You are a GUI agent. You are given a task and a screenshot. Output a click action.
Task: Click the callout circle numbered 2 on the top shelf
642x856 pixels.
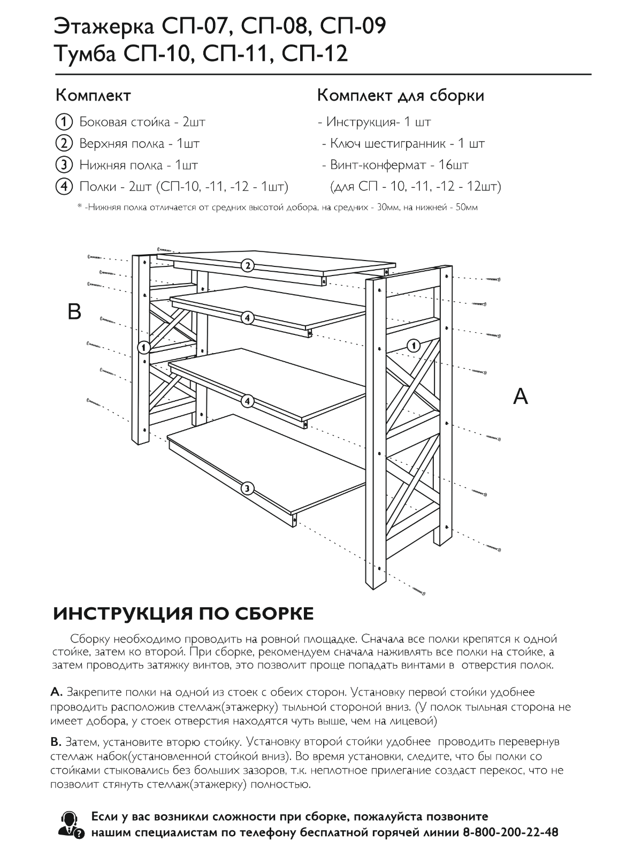tap(247, 265)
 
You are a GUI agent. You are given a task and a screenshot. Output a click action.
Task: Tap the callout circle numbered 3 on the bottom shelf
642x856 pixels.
tap(247, 488)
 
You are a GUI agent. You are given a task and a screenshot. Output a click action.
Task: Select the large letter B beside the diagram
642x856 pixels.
tap(74, 311)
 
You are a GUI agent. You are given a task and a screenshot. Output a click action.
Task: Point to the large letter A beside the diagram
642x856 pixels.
tap(520, 396)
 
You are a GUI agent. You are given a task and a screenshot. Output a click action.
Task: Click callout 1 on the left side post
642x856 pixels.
tap(143, 348)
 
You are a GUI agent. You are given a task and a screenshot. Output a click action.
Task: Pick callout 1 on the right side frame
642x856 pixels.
tap(413, 345)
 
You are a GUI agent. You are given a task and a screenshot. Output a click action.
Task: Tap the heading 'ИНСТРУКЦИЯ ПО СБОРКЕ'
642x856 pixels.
tap(184, 614)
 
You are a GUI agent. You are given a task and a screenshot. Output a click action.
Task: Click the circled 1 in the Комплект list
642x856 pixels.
tap(63, 122)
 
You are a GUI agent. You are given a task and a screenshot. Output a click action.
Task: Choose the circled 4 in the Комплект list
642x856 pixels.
tap(63, 187)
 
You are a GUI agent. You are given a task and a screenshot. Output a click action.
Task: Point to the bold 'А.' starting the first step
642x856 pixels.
tap(56, 693)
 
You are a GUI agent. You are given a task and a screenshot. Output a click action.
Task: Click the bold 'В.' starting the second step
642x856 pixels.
tap(56, 742)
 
